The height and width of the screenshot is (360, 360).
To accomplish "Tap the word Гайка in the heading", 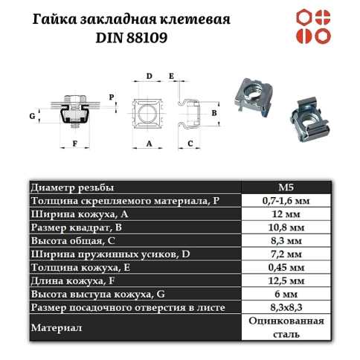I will point(59,17).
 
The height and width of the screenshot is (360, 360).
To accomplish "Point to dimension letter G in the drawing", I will point(32,115).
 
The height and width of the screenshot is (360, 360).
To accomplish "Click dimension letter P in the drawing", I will point(111,97).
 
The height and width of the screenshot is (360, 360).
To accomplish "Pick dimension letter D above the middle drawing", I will point(149,77).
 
